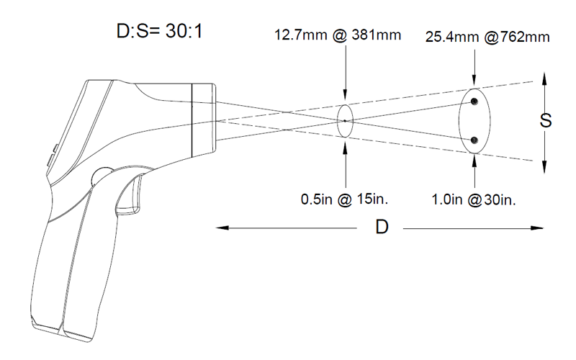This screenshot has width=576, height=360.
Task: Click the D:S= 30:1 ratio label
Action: coord(159,31)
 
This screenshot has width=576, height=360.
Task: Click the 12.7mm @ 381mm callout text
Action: coord(338,35)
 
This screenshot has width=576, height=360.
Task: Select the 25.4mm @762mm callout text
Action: coord(487,37)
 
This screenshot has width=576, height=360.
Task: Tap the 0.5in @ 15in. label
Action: coord(344,199)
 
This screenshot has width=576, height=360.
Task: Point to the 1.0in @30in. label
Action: coord(474,200)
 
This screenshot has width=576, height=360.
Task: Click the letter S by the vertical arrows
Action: coord(546,120)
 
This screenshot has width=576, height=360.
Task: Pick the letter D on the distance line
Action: coord(382,227)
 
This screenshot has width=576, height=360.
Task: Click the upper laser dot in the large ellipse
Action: coord(474,102)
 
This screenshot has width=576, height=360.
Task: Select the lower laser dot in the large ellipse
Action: coord(474,140)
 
